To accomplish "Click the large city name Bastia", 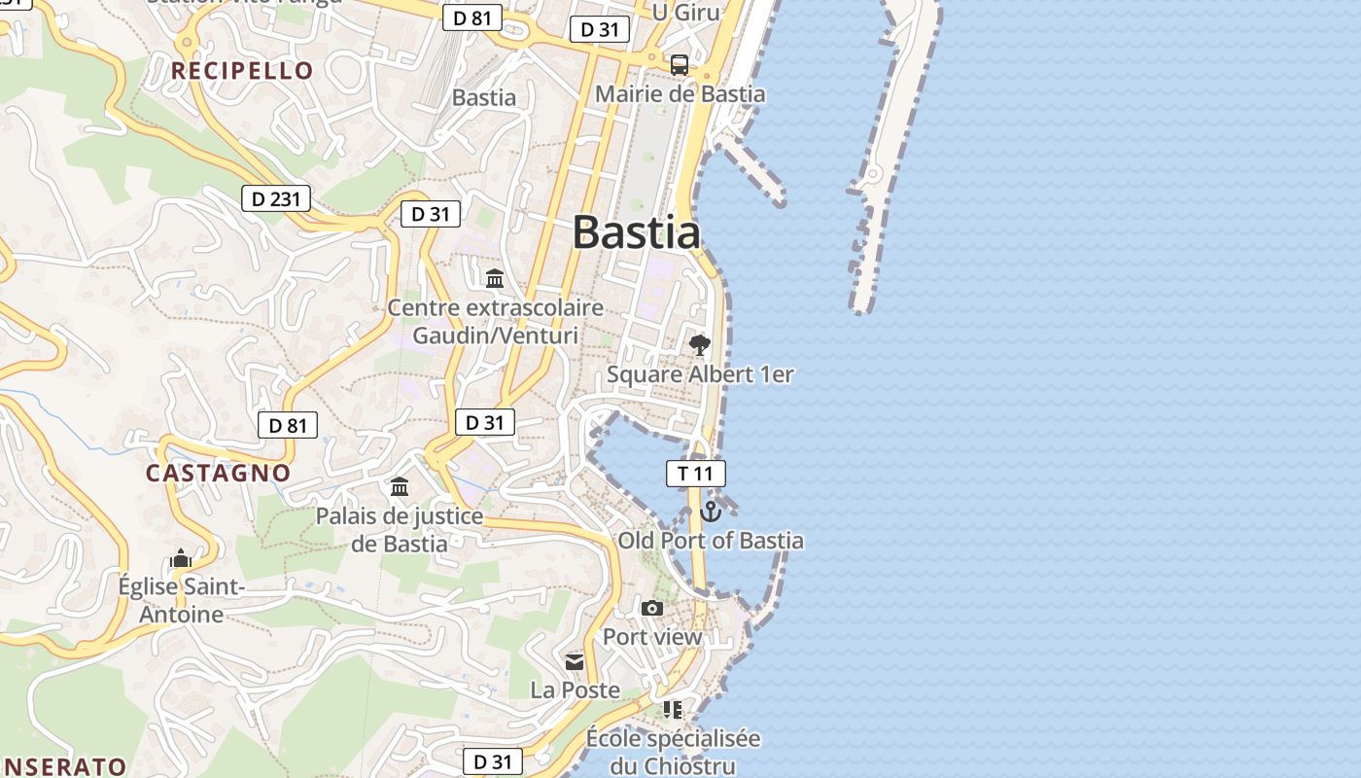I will point(637,232).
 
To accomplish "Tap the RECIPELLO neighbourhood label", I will point(242,70).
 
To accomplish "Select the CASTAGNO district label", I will point(218,474).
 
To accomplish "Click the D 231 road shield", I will point(275,199).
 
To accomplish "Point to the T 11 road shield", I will point(695,474).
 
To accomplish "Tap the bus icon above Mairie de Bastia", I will point(680,65).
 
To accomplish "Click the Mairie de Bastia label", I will point(680,94).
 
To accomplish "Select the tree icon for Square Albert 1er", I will point(699,344).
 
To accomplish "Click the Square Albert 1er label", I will point(700,374).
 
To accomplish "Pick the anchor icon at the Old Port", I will point(711,511).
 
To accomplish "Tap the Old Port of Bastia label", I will point(711,541).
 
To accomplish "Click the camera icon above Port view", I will point(651,608).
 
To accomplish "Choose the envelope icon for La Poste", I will point(575,662).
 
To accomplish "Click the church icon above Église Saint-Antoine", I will point(180,558).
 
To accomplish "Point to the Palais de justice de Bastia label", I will point(399,529).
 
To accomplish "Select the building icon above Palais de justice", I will point(399,486).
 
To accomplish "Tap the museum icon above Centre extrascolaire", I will point(495,279).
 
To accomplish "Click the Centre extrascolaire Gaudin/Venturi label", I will point(495,322).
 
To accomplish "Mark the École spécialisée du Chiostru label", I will point(673,752).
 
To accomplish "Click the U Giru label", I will point(685,12).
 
